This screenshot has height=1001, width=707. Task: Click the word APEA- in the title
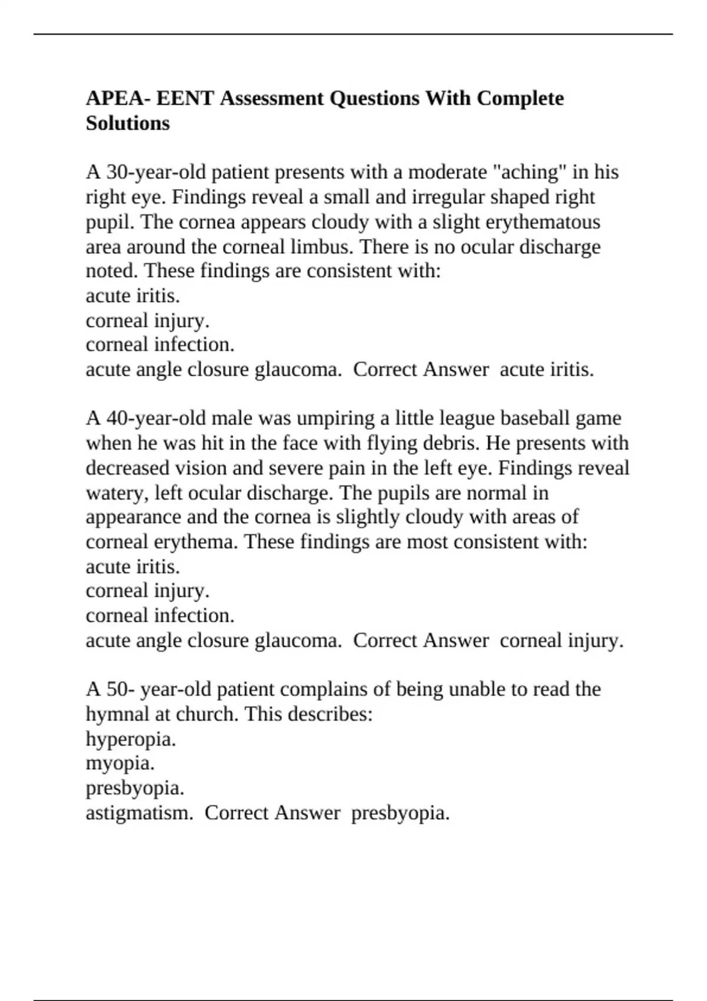pos(118,98)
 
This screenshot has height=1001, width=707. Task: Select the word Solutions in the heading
pos(128,123)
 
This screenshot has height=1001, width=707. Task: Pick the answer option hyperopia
pos(131,739)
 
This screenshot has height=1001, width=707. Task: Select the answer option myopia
pos(120,764)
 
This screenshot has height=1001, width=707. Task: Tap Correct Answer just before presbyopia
pos(272,813)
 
